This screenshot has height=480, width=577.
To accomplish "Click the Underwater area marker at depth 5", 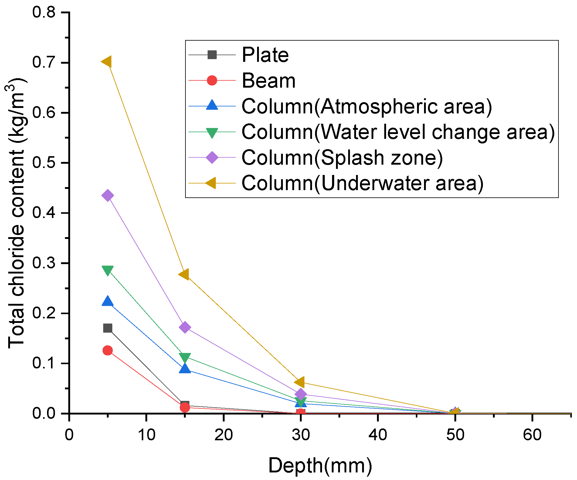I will tap(107, 62).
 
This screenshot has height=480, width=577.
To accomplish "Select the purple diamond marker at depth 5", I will tap(108, 196).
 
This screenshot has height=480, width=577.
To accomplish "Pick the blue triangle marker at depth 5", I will tap(108, 301).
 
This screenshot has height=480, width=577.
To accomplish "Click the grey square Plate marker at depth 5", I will tap(108, 328).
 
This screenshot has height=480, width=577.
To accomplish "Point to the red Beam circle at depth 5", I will tap(108, 351).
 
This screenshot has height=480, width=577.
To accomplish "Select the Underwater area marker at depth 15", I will tap(184, 274).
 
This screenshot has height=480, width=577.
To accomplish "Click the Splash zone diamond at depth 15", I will tap(185, 327).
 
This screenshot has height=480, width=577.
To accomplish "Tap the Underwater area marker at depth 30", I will tap(300, 382).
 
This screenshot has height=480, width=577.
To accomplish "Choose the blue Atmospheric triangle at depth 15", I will tap(185, 369).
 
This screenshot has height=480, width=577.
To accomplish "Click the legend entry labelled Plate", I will tap(265, 55).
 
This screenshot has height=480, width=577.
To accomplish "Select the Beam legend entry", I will tap(268, 81).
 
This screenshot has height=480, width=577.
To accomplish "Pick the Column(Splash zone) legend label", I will tap(342, 158).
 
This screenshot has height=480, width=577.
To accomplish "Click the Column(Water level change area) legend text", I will tap(398, 132).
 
